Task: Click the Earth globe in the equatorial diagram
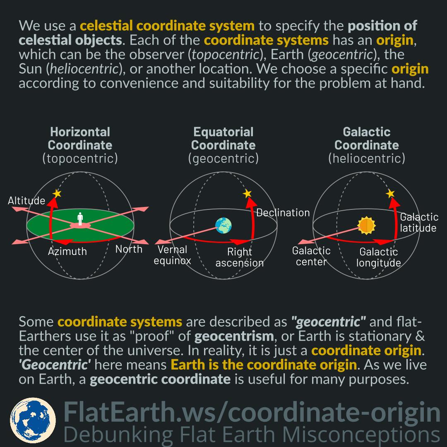[223, 226]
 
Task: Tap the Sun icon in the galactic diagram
[366, 226]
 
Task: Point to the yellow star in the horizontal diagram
[57, 193]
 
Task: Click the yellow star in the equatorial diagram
[247, 193]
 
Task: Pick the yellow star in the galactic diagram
[390, 193]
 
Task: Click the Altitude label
[26, 201]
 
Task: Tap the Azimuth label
[67, 251]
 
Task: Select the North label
[129, 249]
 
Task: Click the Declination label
[283, 213]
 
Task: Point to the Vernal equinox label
[172, 255]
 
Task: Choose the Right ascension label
[240, 257]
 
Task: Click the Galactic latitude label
[418, 223]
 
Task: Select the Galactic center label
[311, 256]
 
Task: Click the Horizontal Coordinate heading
[80, 139]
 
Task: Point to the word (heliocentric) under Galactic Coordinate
[366, 158]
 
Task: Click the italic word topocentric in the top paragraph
[218, 54]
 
